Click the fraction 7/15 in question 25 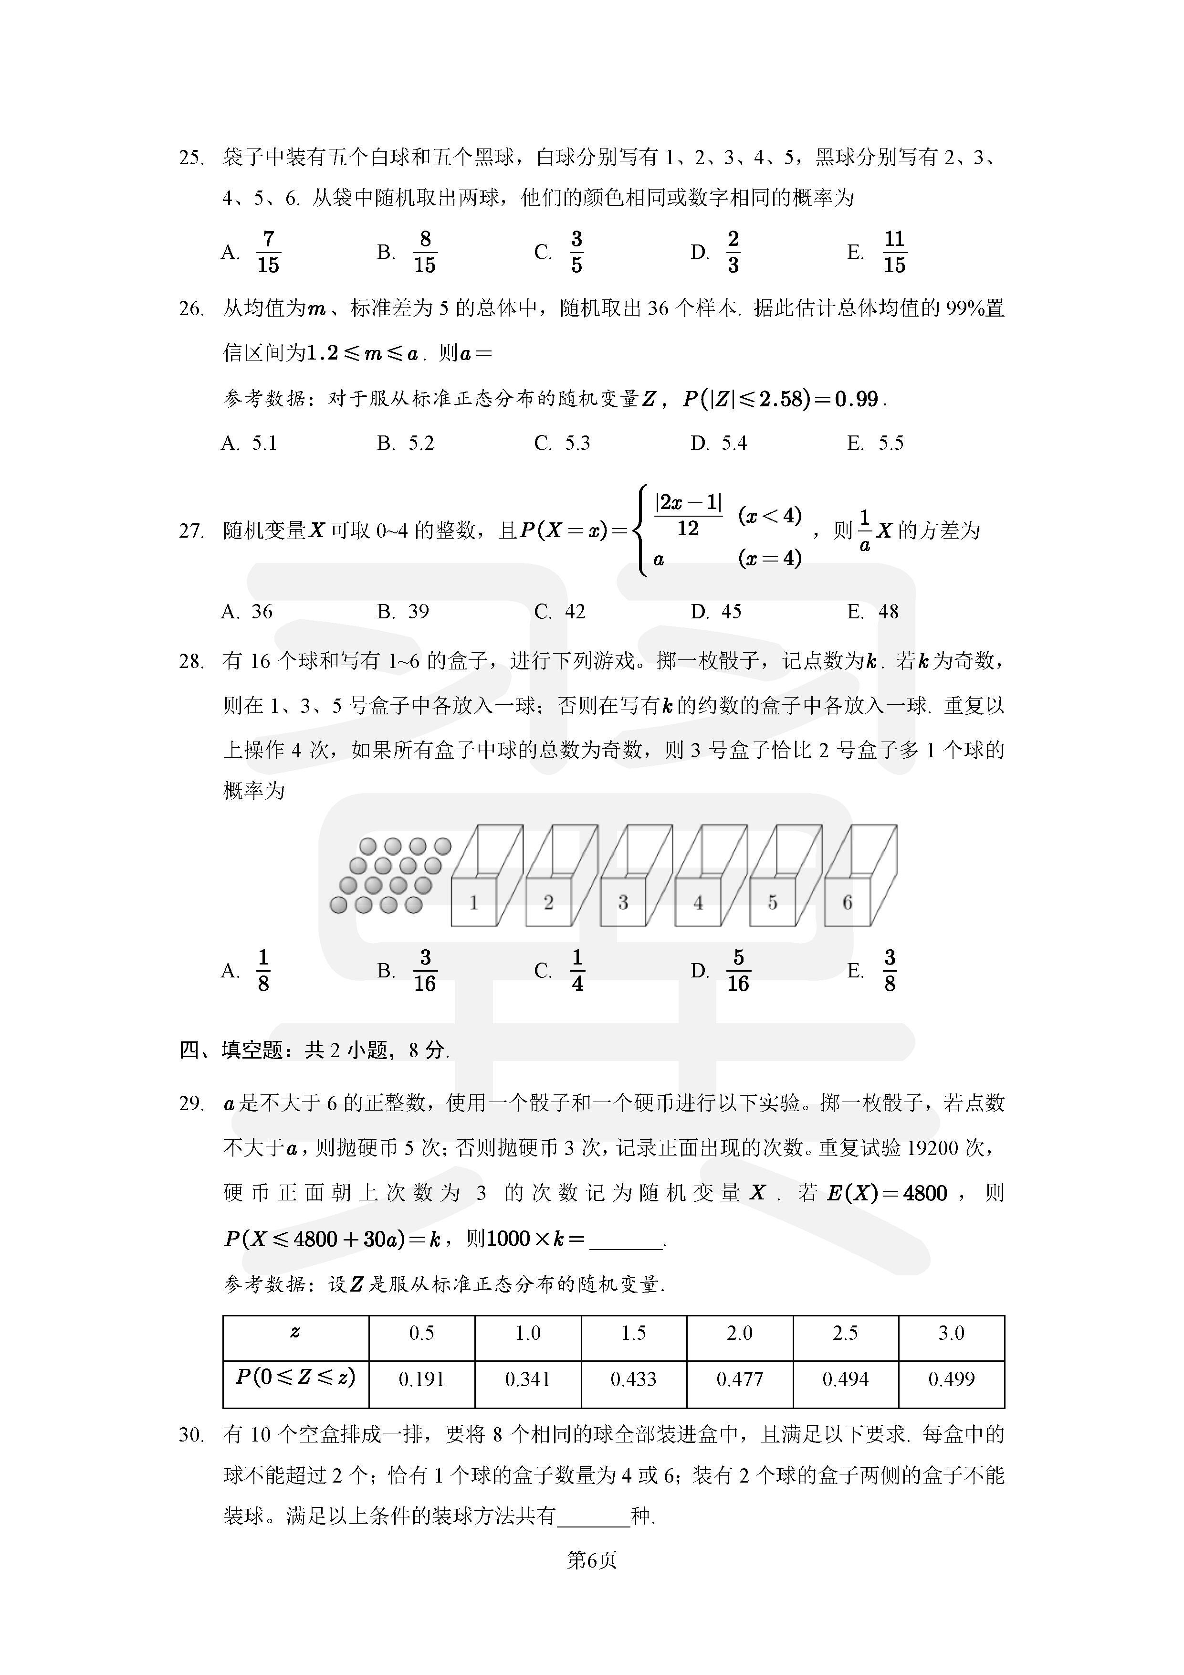(x=268, y=253)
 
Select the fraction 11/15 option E (x=894, y=253)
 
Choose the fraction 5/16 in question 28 (x=738, y=971)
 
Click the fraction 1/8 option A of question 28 (x=263, y=971)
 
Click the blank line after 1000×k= (x=626, y=1239)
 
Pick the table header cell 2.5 (x=845, y=1333)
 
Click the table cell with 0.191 (x=421, y=1379)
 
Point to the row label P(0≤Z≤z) (x=295, y=1378)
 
